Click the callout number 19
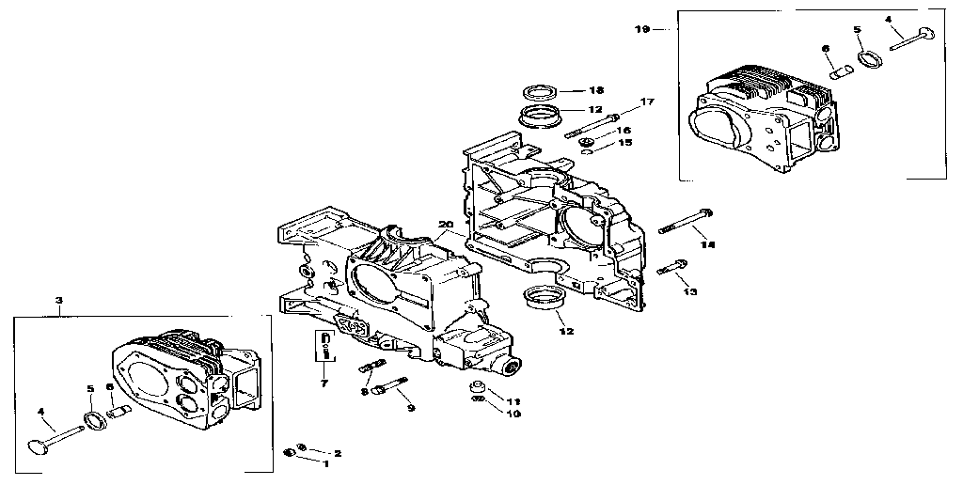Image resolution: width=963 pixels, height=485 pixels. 642,30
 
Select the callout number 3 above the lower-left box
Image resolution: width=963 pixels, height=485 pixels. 59,301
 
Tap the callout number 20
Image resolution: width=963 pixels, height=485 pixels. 446,224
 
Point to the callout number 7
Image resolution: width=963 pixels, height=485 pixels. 324,383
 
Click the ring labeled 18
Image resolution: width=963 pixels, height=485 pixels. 540,91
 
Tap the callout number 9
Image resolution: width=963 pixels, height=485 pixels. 410,407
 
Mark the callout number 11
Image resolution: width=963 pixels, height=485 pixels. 514,401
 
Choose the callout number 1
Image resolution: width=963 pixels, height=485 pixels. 326,463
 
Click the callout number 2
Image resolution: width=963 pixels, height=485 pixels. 337,453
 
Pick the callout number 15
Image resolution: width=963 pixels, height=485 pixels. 624,143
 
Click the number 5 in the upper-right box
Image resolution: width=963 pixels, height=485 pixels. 857,30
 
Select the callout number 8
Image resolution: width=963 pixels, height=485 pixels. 363,392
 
